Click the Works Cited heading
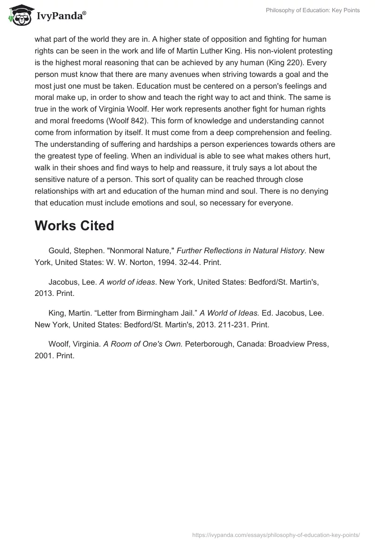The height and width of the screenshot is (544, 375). (74, 226)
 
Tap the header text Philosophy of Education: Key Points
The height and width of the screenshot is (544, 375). (312, 10)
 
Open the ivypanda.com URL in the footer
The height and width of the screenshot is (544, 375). (276, 535)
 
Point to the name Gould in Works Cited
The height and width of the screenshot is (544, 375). (60, 250)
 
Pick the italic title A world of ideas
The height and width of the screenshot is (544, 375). (127, 281)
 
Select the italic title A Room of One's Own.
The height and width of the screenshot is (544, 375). (143, 343)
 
